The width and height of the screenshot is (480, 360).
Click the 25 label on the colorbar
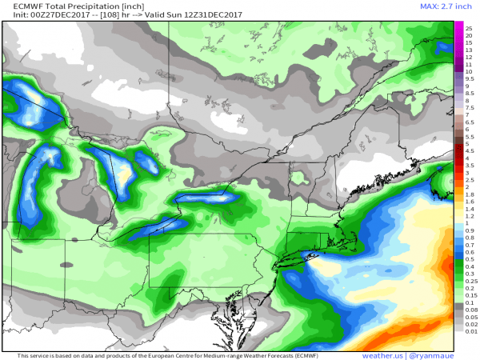(469, 28)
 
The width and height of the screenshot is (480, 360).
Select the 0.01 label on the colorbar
(470, 330)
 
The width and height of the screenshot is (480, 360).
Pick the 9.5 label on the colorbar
(470, 78)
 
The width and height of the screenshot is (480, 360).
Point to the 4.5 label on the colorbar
(470, 150)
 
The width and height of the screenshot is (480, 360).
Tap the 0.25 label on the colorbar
(470, 280)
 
